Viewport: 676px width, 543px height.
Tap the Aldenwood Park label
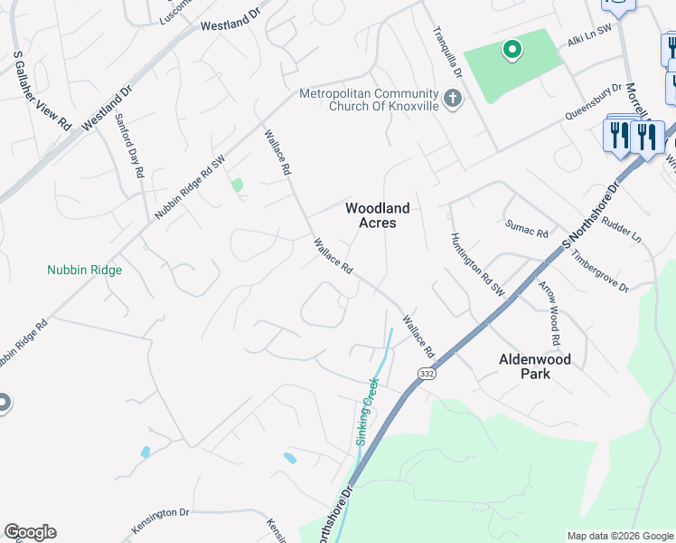click(x=535, y=366)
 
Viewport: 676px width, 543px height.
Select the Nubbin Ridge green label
click(x=84, y=270)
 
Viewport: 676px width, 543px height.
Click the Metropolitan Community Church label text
click(x=369, y=100)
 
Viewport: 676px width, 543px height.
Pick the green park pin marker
click(x=512, y=50)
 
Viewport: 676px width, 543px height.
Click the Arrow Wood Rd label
click(x=550, y=313)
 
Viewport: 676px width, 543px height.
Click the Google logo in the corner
click(x=30, y=532)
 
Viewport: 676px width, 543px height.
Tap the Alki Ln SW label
click(x=589, y=42)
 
